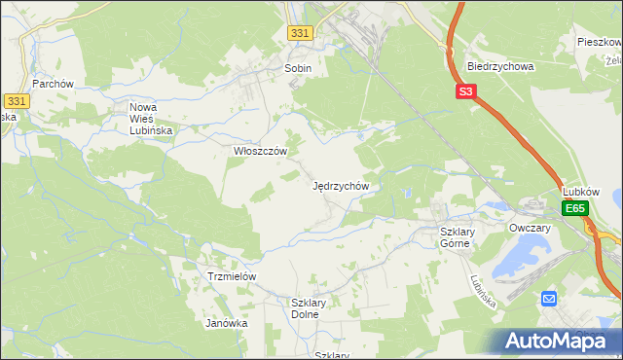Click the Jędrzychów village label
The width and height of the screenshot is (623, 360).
[x=341, y=185]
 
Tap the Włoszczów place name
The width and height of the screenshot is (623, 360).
[x=260, y=151]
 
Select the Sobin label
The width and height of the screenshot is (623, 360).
[x=297, y=69]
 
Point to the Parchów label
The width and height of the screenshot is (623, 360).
[x=54, y=84]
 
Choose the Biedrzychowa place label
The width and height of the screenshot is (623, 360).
[x=500, y=67]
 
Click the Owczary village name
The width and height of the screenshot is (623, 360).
[x=530, y=228]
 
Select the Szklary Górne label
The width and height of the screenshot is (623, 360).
[x=455, y=237]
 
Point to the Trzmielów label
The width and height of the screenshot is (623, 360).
[x=232, y=276]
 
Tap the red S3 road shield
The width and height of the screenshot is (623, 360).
[x=466, y=92]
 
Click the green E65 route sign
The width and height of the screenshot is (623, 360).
[x=575, y=208]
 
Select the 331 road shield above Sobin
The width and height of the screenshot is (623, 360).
[x=301, y=33]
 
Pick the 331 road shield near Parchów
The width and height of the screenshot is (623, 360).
[x=16, y=101]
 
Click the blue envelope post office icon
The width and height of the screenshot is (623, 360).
[x=549, y=299]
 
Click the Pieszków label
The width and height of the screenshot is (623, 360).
[x=600, y=43]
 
